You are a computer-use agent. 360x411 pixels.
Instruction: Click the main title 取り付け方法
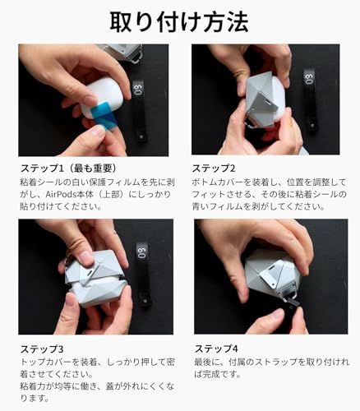pyautogui.click(x=179, y=20)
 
